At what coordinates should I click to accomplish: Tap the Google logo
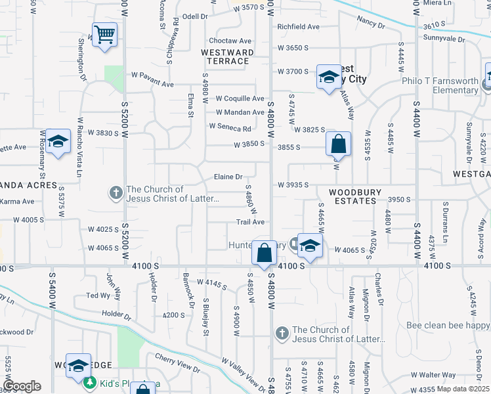pos(22,386)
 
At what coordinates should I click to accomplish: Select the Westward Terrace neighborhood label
pos(225,56)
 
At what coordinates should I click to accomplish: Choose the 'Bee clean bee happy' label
pos(444,325)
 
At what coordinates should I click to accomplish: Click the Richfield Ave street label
pos(298,27)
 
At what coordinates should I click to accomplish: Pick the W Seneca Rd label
pos(230,127)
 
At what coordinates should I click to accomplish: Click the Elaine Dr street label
pos(228,177)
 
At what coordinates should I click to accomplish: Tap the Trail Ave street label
pos(250,223)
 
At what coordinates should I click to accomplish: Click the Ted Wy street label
pos(98,295)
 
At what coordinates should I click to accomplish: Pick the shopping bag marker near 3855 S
pos(338,144)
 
